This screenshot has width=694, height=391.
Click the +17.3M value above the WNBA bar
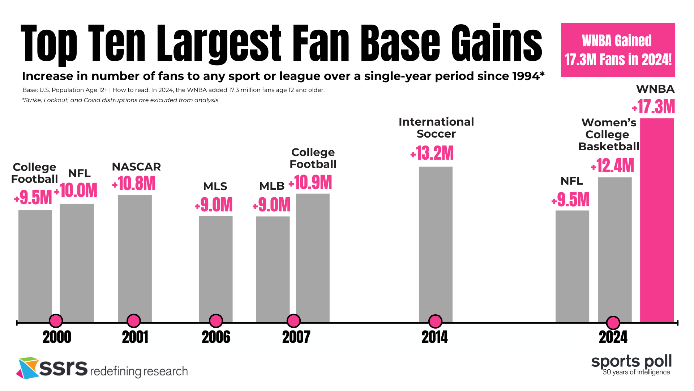(x=654, y=107)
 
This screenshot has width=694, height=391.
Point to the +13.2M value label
(x=432, y=153)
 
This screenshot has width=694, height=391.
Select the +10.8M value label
(x=134, y=184)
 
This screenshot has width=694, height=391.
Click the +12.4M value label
(x=613, y=166)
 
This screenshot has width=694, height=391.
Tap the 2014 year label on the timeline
(x=435, y=337)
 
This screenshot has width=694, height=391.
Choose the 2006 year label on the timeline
(x=216, y=337)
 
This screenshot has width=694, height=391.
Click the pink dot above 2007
(x=294, y=321)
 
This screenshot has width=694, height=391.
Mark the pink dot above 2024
(x=613, y=323)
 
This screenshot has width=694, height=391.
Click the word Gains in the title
(x=497, y=43)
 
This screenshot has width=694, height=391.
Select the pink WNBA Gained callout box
(x=618, y=50)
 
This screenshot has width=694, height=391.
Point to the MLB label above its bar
(x=272, y=186)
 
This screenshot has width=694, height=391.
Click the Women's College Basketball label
(x=609, y=135)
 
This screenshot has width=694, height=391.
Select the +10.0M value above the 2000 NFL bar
(x=76, y=190)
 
